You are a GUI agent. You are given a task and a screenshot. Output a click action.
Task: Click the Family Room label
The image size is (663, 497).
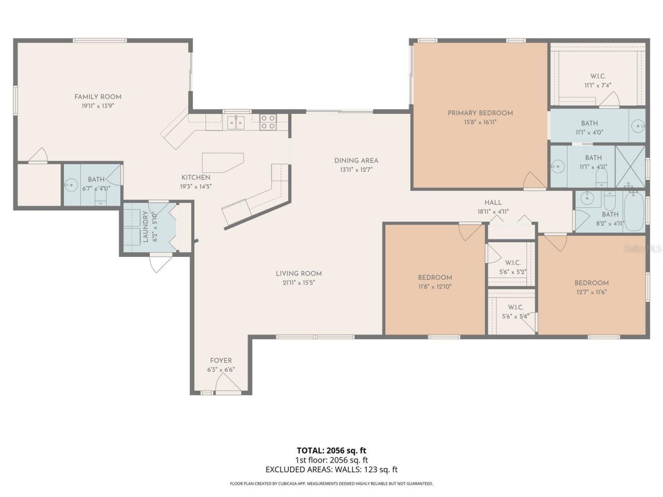coord(98,97)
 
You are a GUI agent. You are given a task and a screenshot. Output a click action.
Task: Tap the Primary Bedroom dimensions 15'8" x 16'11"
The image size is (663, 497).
coord(480,122)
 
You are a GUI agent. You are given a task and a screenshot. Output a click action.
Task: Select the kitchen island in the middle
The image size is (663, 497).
coord(222,162)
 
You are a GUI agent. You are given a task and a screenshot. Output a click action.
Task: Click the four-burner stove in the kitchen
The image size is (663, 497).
coord(268,122)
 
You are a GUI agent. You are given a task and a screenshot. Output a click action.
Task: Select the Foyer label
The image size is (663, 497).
coord(221,360)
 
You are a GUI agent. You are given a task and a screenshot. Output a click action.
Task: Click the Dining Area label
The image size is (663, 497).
coord(356,160)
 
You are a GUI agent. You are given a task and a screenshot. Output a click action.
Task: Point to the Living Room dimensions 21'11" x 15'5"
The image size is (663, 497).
coord(299,283)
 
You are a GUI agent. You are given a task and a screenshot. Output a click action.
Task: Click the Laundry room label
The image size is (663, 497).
coord(146,227)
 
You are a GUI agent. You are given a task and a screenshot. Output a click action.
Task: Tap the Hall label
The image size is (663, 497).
coord(493,202)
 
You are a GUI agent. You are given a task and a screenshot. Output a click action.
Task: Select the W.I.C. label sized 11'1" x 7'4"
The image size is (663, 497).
coord(598,76)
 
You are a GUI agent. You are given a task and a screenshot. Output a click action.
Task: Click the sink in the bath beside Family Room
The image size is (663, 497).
coord(71,184)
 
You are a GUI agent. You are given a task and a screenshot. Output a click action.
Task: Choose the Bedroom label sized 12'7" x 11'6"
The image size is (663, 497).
coord(591,283)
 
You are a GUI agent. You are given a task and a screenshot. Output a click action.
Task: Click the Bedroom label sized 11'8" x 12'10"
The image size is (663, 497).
coord(435,277)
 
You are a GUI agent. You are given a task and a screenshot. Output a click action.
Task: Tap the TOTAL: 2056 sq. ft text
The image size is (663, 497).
coord(331,450)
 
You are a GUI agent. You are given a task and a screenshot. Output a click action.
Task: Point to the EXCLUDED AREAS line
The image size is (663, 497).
coord(331,470)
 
